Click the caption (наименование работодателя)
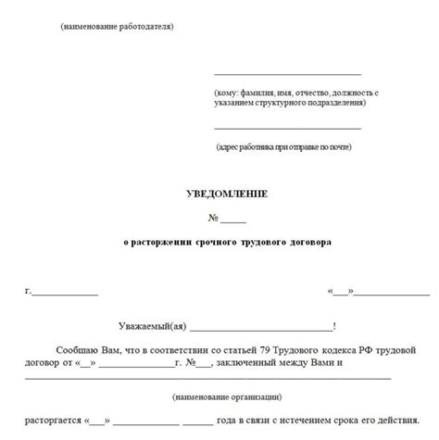[x=117, y=26]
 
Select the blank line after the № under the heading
[x=234, y=219]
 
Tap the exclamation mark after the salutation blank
[x=334, y=326]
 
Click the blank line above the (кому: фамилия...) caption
[x=287, y=73]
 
